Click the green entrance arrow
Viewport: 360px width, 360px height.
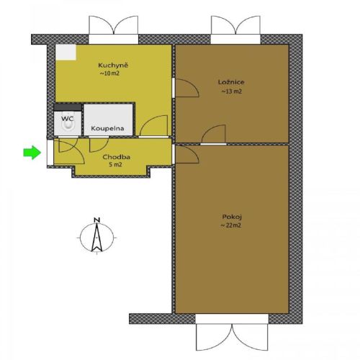[x=32, y=153]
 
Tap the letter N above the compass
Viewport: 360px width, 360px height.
[x=96, y=220]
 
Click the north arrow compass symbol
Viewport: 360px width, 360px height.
[x=96, y=238]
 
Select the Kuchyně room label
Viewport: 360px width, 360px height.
[x=113, y=66]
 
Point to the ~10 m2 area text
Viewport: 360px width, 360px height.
[x=109, y=73]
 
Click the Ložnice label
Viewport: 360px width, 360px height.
[x=231, y=82]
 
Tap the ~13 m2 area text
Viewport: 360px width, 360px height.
[x=231, y=91]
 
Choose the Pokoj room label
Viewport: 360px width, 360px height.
[x=232, y=217]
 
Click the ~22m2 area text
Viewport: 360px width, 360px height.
[x=230, y=225]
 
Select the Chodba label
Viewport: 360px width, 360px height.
[x=116, y=157]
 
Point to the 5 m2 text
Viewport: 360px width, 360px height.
[x=115, y=165]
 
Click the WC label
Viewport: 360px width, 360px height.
[x=67, y=119]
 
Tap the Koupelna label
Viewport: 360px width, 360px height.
[x=107, y=128]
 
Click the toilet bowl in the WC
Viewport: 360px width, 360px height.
[x=68, y=122]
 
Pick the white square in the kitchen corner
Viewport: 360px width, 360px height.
[x=66, y=52]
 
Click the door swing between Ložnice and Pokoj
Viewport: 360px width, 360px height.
[x=213, y=135]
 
